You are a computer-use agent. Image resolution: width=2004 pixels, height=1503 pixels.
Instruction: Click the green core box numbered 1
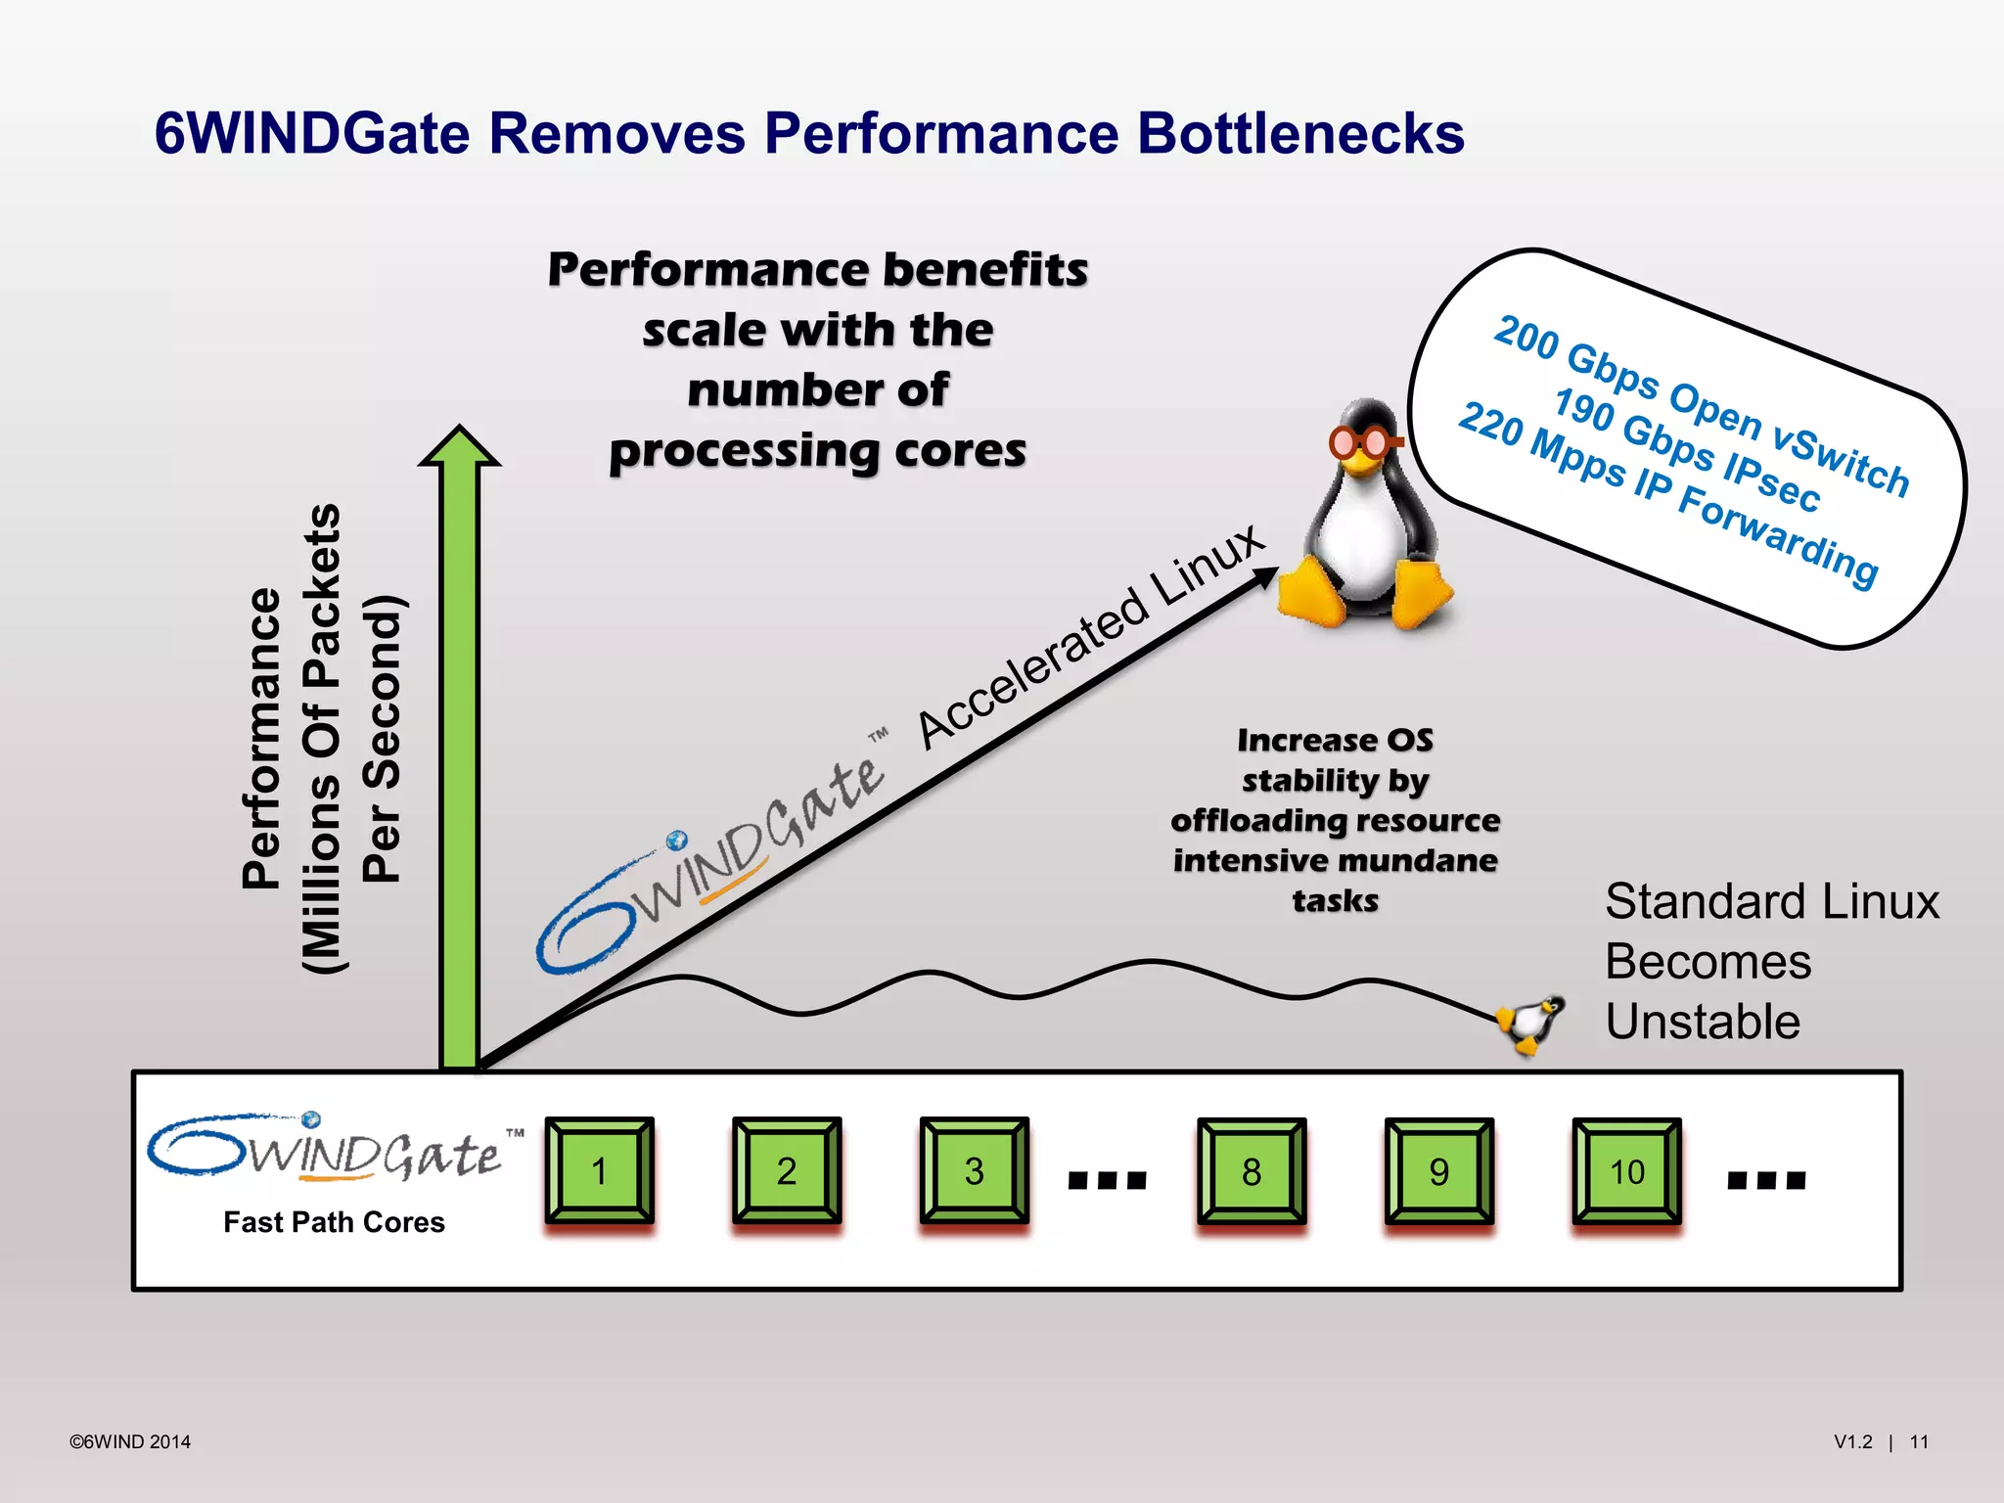click(600, 1170)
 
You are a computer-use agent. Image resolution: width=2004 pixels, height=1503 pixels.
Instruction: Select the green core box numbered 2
click(787, 1170)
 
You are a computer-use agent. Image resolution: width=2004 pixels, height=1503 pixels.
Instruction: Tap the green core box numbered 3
click(974, 1170)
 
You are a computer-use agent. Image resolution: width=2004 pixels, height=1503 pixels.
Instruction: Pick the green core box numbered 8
click(1252, 1171)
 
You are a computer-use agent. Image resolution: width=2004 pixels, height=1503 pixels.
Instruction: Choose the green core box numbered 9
click(1438, 1171)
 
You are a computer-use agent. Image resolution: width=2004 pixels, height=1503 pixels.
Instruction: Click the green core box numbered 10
click(1626, 1171)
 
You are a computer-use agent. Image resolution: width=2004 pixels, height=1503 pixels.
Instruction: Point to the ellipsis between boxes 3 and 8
click(1107, 1179)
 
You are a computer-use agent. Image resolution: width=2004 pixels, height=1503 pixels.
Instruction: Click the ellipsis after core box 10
click(1766, 1179)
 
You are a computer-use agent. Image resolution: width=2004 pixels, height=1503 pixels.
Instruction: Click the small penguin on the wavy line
click(1530, 1023)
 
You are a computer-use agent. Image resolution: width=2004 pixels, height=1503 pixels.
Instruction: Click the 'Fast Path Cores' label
click(334, 1222)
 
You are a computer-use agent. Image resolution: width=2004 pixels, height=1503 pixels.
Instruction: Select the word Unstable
click(1703, 1022)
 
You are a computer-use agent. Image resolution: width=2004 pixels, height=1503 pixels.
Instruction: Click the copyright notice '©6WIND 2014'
click(130, 1441)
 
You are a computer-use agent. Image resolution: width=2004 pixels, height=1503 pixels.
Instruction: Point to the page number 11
click(1919, 1441)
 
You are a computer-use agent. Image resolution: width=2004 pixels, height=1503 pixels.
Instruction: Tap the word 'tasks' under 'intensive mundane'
click(1335, 900)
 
